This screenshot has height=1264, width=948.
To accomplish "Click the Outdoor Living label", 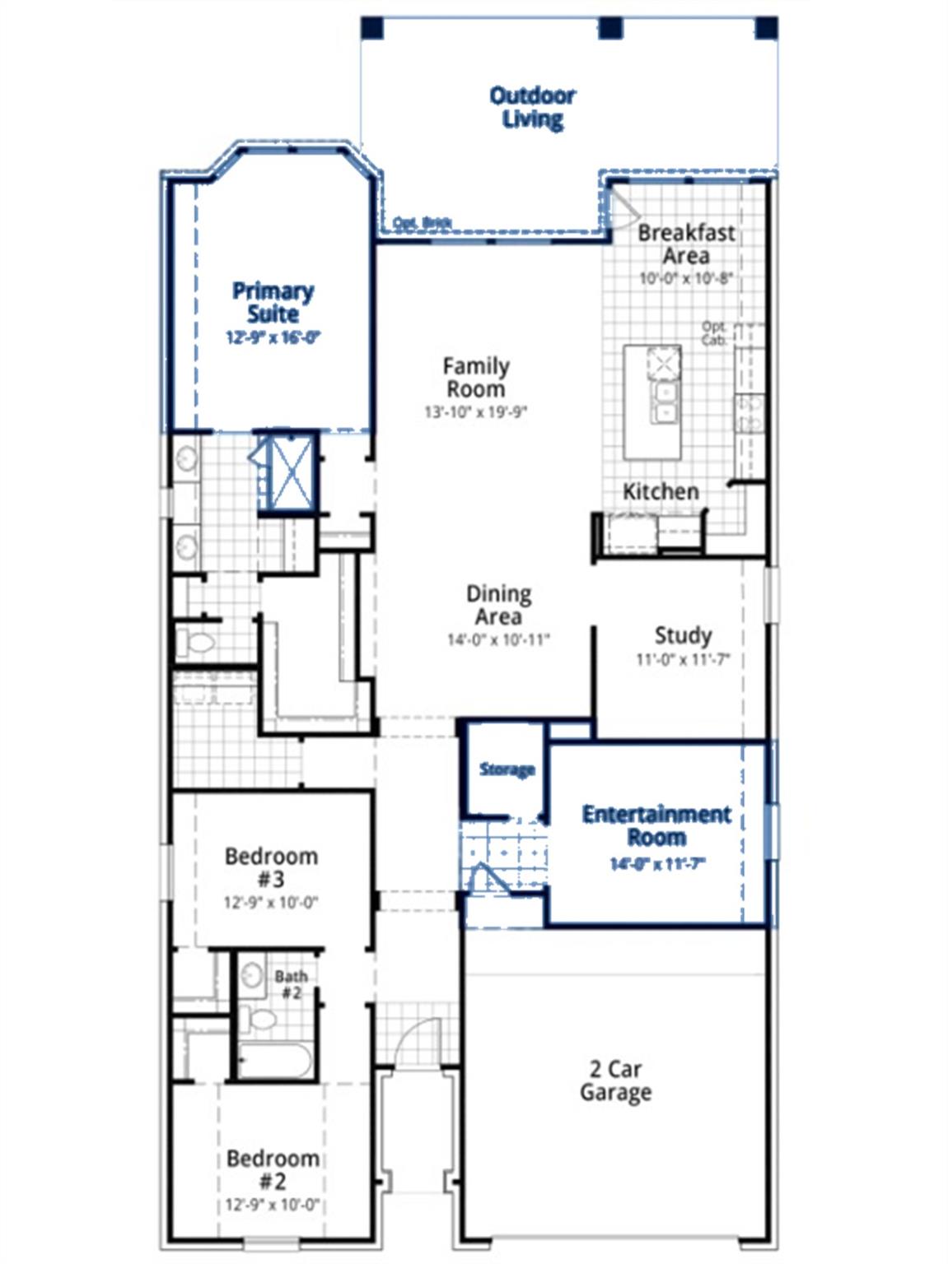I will click(x=532, y=107).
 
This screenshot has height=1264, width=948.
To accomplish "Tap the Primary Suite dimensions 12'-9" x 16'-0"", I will click(x=273, y=337).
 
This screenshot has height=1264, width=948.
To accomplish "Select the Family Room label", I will click(x=475, y=377).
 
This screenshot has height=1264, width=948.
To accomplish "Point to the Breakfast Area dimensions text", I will click(x=685, y=279).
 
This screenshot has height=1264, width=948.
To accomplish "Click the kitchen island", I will click(x=652, y=402).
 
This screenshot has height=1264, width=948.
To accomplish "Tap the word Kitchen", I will click(x=661, y=492).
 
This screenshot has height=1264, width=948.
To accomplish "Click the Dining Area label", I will click(x=498, y=605).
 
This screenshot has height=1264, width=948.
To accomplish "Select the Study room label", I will click(x=683, y=635).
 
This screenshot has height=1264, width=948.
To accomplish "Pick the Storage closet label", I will click(x=507, y=770).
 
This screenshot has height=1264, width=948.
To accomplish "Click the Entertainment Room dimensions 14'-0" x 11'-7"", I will click(x=657, y=864).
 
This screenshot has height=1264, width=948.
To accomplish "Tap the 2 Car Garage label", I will click(x=615, y=1080).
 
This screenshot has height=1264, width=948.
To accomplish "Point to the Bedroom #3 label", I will click(x=271, y=867).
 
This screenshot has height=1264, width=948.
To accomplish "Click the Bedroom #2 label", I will click(x=273, y=1169).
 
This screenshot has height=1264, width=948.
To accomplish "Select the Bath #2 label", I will click(x=291, y=984).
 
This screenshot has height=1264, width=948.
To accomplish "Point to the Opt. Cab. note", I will click(x=714, y=333).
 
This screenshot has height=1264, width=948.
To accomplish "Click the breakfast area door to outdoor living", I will click(x=620, y=206).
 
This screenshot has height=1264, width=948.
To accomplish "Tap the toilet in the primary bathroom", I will click(x=196, y=641).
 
